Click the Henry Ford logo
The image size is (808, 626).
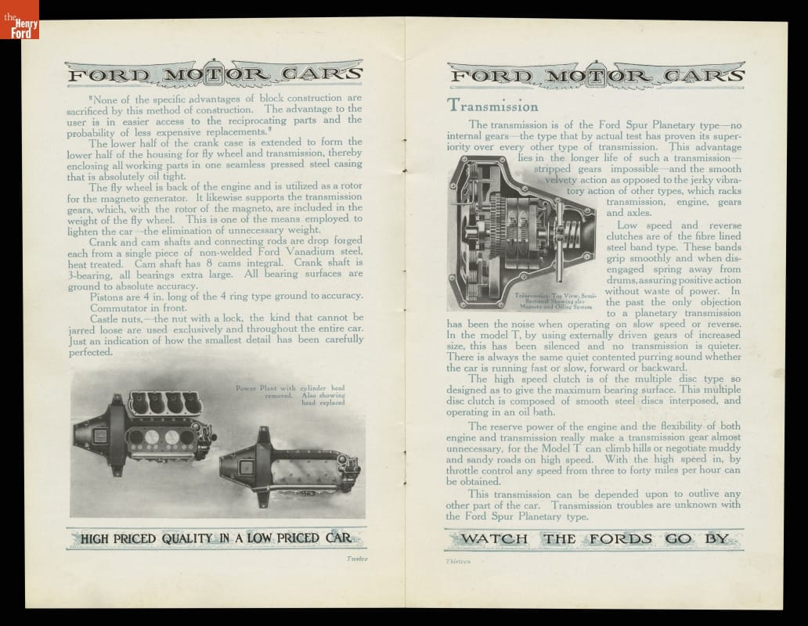(19, 20)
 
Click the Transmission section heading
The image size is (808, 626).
(492, 106)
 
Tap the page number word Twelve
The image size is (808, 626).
(356, 559)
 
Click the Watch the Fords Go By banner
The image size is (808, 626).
(595, 538)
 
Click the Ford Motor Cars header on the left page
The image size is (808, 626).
(216, 76)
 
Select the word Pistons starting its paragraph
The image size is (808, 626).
(108, 295)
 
